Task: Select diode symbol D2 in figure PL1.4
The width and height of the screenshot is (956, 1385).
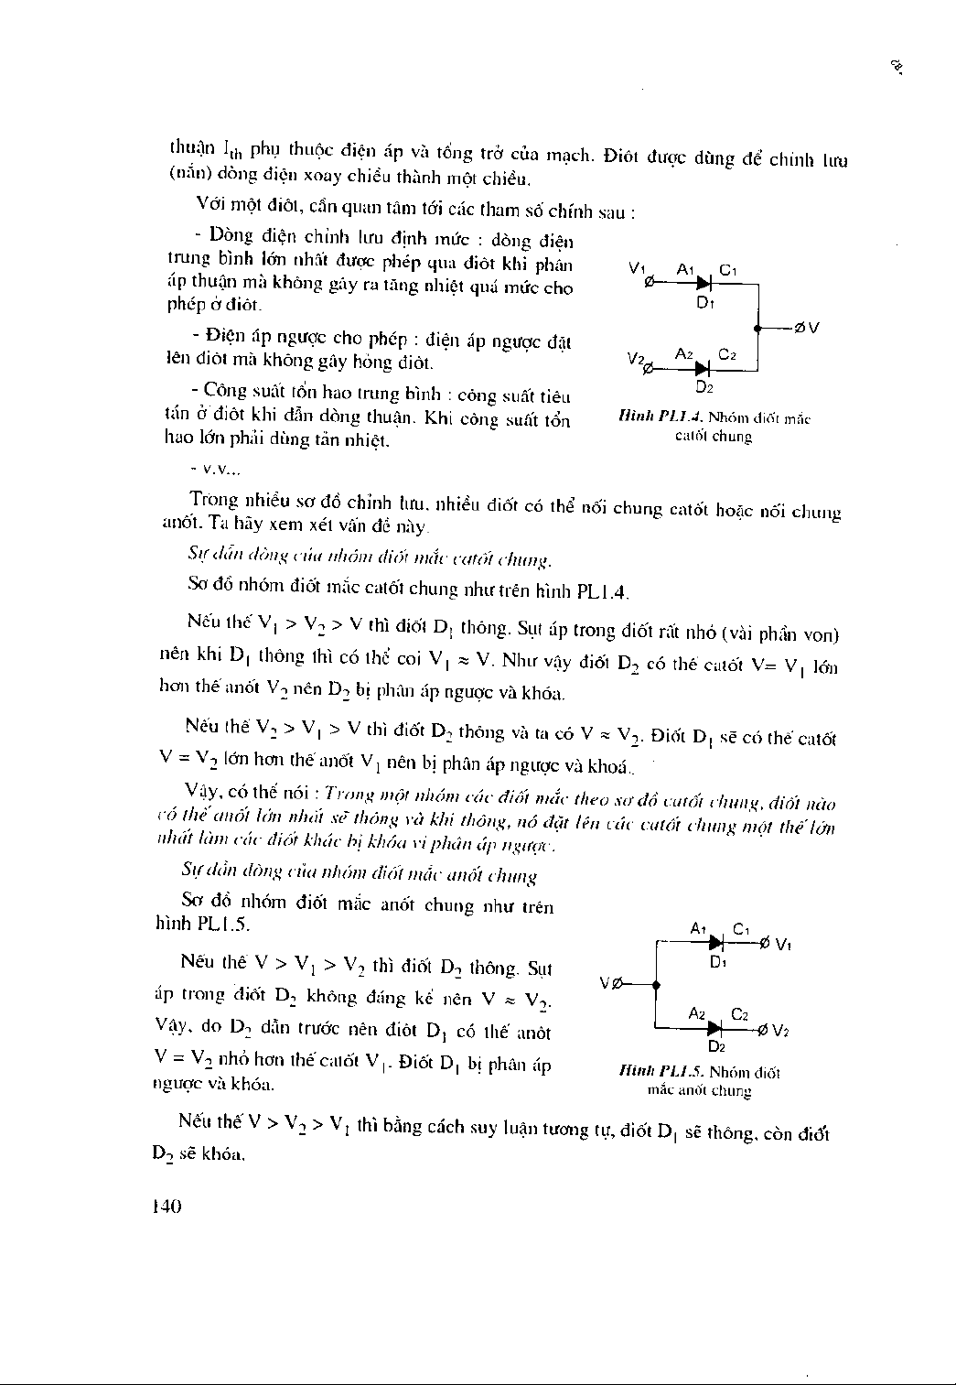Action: pos(702,369)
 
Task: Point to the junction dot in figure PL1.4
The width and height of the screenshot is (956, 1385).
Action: pos(758,327)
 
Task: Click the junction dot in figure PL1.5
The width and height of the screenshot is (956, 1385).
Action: pos(656,984)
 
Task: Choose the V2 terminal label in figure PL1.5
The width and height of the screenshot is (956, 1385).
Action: pos(780,1031)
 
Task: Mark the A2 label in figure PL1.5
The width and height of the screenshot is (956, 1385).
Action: pos(697,1013)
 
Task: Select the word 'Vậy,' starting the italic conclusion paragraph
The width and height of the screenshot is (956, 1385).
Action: pos(205,791)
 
